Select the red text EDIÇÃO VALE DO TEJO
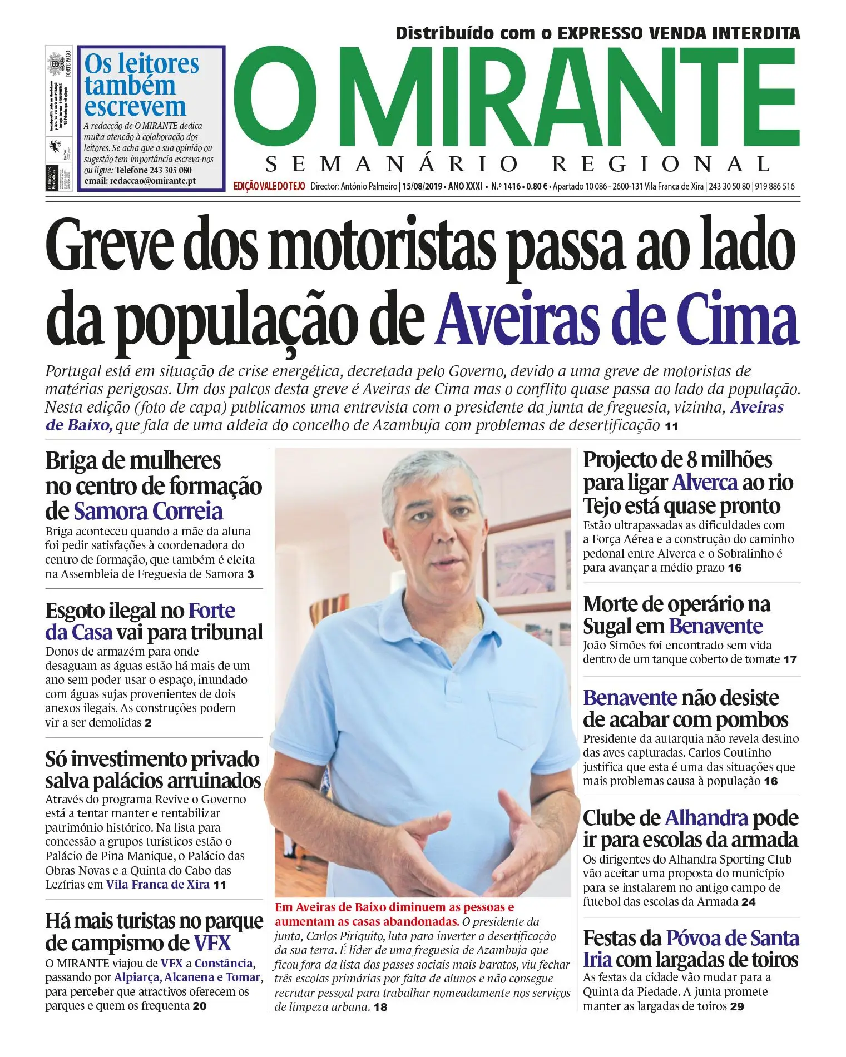[x=269, y=186]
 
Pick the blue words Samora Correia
[x=148, y=511]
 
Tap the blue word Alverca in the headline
[x=705, y=483]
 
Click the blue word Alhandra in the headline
[x=706, y=818]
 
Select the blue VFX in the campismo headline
[x=212, y=943]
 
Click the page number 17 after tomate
[x=790, y=660]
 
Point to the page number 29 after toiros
[x=736, y=1006]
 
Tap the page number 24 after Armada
[x=749, y=902]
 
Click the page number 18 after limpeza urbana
[x=380, y=1007]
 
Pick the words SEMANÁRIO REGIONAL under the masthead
[x=517, y=164]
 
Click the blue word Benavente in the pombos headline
[x=630, y=698]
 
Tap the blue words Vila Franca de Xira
[x=158, y=885]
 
